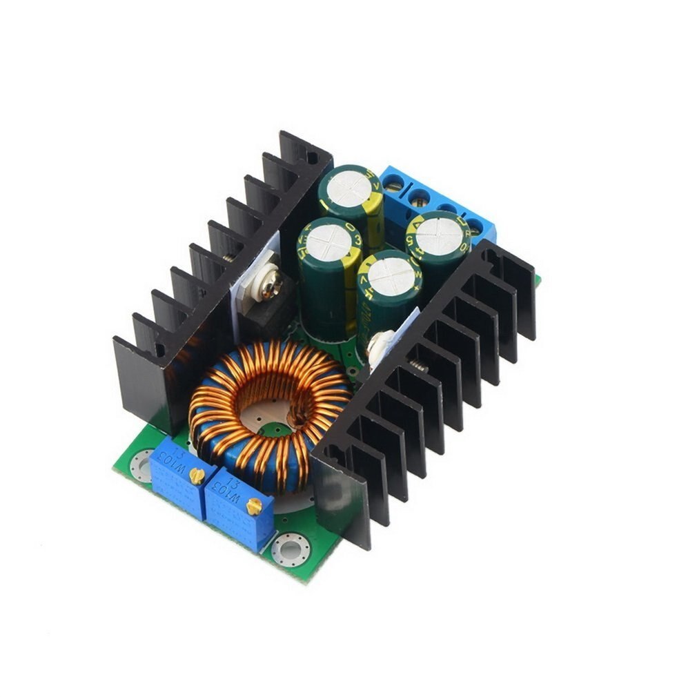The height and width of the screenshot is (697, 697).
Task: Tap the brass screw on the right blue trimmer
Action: click(253, 506)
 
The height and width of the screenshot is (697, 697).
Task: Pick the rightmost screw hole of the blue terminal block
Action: click(475, 226)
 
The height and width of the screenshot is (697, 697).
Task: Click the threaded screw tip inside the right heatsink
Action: click(418, 366)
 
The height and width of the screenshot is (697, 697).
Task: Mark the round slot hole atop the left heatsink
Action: click(311, 157)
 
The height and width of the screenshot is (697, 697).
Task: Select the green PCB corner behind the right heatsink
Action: click(537, 279)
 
